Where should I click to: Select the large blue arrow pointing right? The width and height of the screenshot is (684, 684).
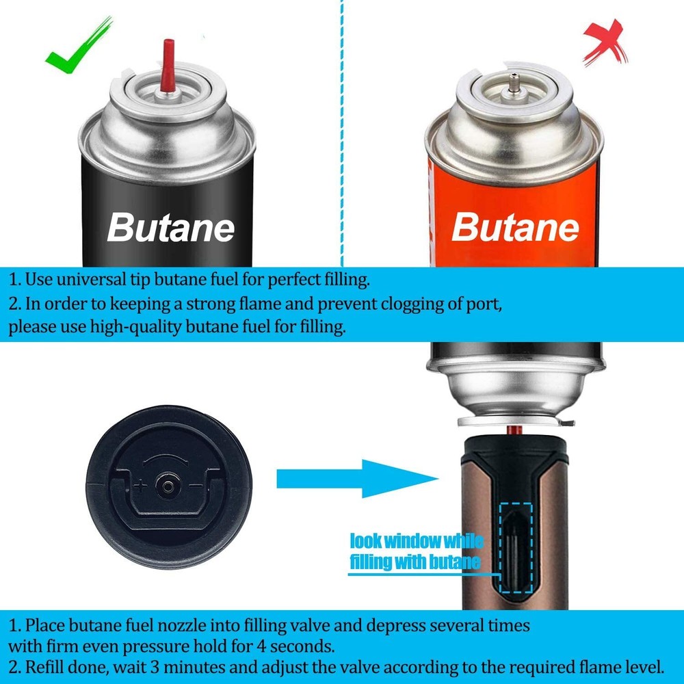tap(356, 478)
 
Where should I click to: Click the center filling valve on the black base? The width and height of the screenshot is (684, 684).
tap(167, 487)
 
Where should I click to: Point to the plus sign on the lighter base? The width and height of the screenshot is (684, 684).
tap(141, 488)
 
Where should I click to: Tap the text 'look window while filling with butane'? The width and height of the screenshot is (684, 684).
tap(416, 552)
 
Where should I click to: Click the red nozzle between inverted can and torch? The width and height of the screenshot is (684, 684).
tap(514, 430)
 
